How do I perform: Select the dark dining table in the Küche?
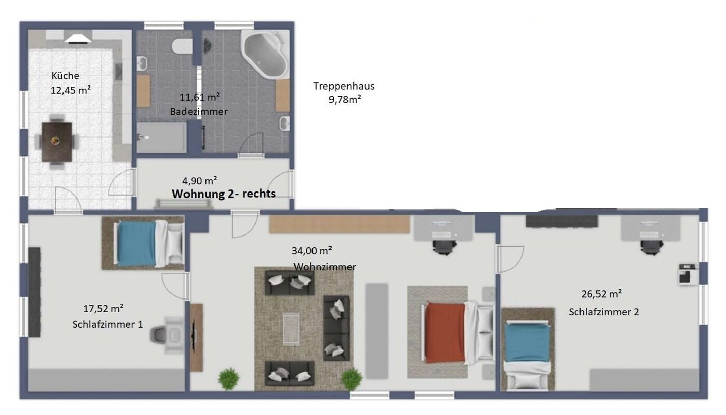57,141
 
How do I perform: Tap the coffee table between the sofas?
291,328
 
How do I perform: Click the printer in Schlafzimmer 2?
688,274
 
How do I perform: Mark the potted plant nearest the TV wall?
228,379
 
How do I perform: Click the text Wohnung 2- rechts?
223,194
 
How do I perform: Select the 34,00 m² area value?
311,251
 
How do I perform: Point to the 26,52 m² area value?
601,294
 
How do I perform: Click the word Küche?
65,76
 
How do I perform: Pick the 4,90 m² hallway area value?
199,181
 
